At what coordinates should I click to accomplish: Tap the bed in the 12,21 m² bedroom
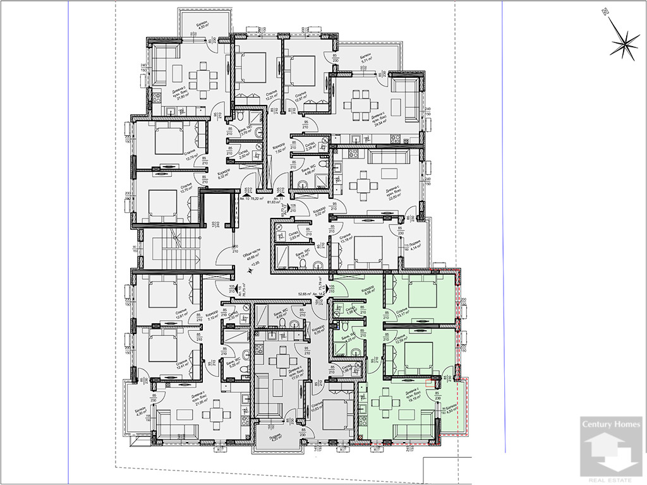(251, 67)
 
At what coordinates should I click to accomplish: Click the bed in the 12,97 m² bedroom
(302, 68)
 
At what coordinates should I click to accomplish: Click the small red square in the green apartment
(432, 381)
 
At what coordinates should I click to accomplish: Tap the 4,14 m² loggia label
(414, 246)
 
